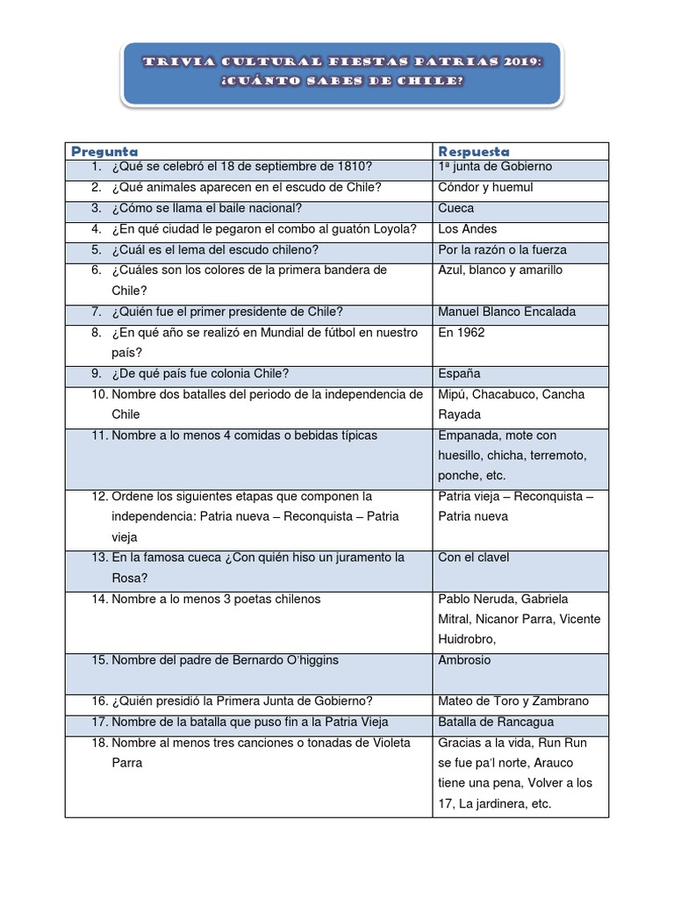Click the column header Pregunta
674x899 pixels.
point(104,151)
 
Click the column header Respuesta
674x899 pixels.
point(474,151)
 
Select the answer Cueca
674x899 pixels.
point(455,208)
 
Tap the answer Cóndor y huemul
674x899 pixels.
point(485,187)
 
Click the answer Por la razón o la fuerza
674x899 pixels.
point(502,249)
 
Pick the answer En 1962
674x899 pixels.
point(461,333)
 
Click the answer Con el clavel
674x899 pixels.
point(473,557)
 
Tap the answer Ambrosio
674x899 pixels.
point(464,660)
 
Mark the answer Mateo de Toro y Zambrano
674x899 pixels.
point(513,701)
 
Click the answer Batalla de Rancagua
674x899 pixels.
point(496,722)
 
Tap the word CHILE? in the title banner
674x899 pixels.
point(431,82)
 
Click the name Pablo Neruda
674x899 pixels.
point(479,599)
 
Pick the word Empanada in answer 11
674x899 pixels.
point(470,435)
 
